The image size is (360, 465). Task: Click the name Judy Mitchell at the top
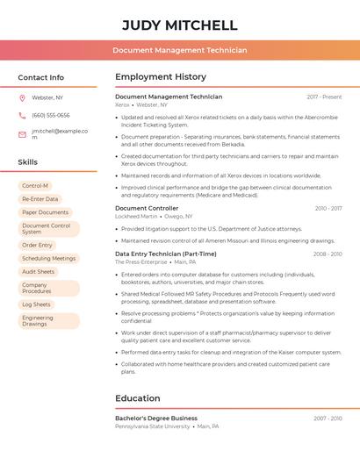point(179,25)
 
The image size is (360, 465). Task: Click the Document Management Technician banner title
point(179,51)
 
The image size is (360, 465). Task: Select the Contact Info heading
point(40,77)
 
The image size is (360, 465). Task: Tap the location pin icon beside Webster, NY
point(22,97)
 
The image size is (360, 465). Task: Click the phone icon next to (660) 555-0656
point(22,115)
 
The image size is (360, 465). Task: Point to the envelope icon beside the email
point(22,134)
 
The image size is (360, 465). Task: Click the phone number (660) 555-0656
point(50,115)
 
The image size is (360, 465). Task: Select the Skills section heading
point(27,162)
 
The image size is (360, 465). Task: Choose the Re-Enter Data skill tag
point(40,199)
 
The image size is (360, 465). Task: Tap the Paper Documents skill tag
point(45,212)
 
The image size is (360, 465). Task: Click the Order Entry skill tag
point(37,245)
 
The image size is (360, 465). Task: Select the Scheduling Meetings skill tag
point(48,258)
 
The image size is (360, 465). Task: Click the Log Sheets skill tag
point(36,304)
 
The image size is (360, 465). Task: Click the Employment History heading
point(161,77)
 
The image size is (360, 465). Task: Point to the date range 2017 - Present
point(324,97)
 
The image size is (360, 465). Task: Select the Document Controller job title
point(147,208)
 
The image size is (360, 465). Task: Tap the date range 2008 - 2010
point(328,254)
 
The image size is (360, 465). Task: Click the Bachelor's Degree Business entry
point(156,418)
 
